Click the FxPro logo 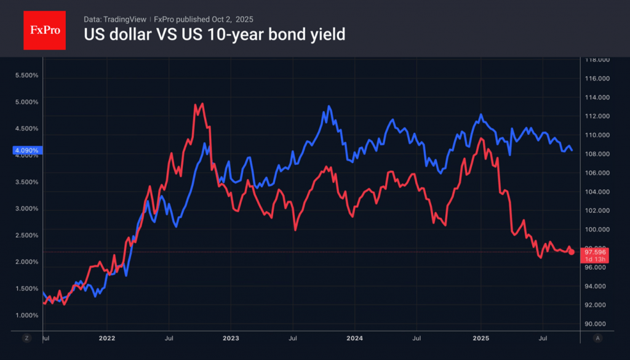pos(44,29)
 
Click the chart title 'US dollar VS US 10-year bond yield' pos(214,34)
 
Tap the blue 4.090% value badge pos(26,150)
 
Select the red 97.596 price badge pos(596,252)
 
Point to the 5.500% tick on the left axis pos(26,76)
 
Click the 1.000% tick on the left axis pos(26,315)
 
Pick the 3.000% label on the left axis pos(26,209)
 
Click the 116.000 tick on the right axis pos(596,79)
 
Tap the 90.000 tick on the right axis pos(596,324)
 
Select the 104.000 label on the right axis pos(596,192)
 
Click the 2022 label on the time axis pos(106,338)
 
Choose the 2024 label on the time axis pos(354,338)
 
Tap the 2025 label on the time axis pos(480,338)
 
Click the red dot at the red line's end pos(572,252)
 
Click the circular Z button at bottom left pos(26,338)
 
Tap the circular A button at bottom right pos(597,338)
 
